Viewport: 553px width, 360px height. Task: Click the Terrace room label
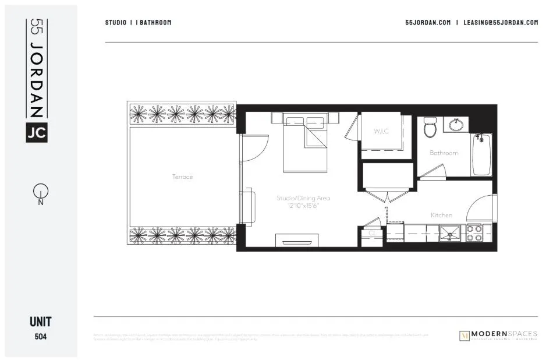point(182,177)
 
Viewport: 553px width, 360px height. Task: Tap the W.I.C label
point(381,132)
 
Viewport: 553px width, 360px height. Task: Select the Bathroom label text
point(444,153)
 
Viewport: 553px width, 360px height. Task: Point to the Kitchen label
point(441,216)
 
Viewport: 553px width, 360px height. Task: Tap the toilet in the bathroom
point(430,127)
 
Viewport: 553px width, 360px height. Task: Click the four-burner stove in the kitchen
point(474,233)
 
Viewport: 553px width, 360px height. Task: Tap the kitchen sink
point(447,233)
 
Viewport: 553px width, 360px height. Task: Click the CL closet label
point(373,234)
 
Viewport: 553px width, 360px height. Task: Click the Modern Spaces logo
point(498,335)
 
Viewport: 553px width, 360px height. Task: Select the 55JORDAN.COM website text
point(428,22)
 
